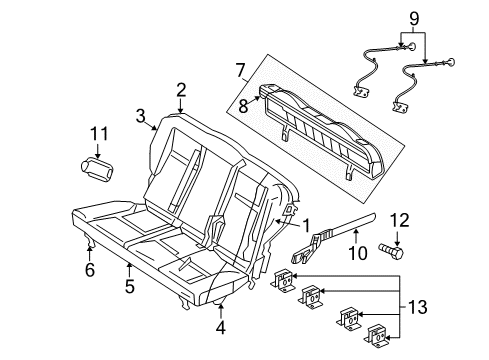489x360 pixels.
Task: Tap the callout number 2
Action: coord(182,90)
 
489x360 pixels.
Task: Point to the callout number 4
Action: coord(221,327)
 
